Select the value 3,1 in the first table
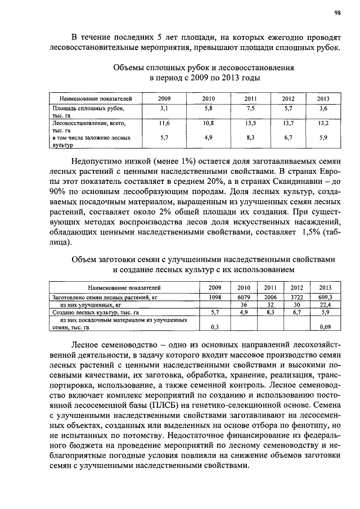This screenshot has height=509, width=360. click(x=164, y=107)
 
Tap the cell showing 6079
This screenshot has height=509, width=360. click(x=244, y=296)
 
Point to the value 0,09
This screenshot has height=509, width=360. click(x=325, y=326)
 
